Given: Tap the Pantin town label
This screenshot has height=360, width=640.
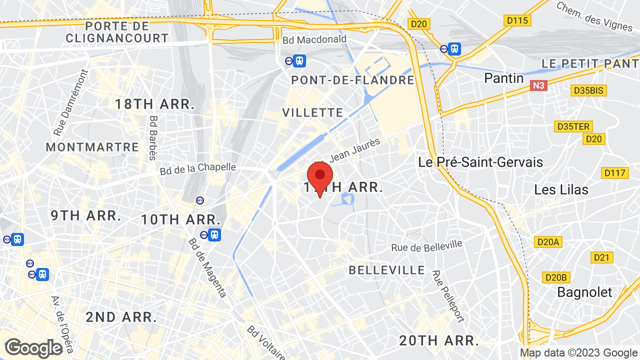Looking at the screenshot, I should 504,78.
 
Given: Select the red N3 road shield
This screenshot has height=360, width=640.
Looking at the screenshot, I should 538,85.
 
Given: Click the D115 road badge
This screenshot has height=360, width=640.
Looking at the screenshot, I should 517,20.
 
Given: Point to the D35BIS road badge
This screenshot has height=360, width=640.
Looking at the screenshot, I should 589,90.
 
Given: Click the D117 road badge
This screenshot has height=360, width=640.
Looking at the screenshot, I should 614,173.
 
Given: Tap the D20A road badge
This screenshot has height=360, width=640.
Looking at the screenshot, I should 548,242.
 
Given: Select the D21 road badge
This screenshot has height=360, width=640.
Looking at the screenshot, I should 602,257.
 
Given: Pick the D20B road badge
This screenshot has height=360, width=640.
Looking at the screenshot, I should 556,277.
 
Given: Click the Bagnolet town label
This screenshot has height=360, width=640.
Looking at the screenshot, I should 584,292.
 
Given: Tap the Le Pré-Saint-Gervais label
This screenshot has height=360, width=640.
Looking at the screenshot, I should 480,162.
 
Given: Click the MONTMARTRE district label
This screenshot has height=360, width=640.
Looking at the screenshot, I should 92,147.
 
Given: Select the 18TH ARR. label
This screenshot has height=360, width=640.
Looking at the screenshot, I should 154,104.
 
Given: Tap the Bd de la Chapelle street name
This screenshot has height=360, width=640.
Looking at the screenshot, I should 197,168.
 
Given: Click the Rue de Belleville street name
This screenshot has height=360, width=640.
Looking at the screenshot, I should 426,245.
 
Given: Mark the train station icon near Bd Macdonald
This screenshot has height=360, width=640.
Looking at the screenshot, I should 299,60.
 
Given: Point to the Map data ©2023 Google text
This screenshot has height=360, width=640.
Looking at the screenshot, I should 578,352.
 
